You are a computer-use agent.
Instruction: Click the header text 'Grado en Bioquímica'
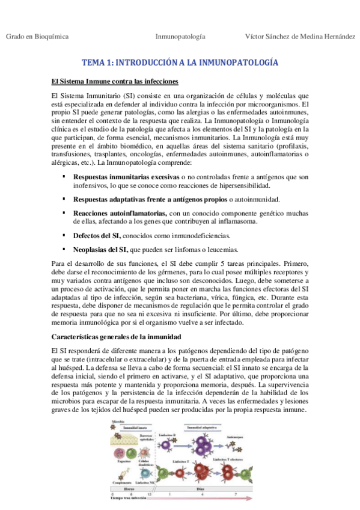tap(37, 37)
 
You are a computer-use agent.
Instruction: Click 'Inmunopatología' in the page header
tap(180, 37)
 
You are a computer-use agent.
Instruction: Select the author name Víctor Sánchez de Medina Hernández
tap(300, 37)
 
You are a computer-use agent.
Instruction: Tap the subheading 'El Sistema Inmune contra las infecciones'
tap(114, 81)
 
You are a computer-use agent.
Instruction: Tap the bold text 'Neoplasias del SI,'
tap(100, 249)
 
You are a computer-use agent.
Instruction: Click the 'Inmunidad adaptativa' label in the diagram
tap(202, 428)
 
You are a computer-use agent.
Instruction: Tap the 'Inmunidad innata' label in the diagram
tap(128, 428)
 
